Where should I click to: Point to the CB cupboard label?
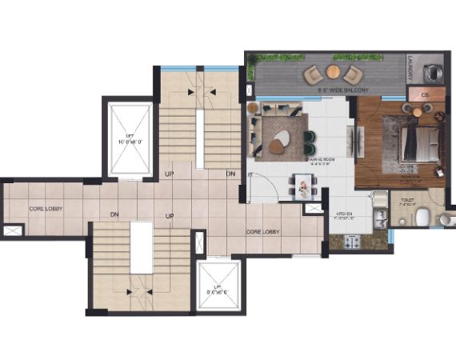point(415,94)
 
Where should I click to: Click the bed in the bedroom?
point(417,144)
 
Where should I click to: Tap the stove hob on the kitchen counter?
point(350,239)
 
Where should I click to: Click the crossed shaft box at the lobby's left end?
point(14,230)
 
